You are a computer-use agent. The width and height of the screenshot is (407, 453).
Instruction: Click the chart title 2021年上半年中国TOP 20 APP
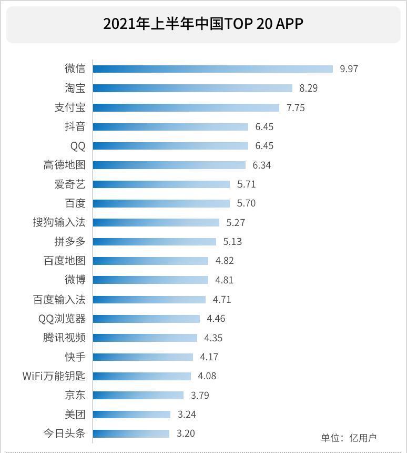(203, 24)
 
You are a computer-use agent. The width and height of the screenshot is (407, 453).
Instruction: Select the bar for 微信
(212, 69)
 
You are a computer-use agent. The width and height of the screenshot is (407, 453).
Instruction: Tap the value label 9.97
(349, 69)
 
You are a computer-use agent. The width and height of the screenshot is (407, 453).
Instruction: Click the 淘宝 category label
(75, 88)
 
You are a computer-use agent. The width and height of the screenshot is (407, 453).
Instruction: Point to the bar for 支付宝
(186, 107)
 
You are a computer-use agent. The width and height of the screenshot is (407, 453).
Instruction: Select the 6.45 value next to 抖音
(264, 127)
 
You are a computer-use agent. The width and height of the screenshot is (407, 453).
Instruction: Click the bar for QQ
(170, 146)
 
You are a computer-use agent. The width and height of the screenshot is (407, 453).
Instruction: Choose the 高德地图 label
(64, 165)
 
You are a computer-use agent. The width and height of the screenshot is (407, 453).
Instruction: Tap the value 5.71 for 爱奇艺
(247, 184)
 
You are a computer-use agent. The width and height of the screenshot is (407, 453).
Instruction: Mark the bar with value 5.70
(161, 203)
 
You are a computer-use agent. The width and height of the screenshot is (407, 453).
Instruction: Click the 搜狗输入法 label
(59, 222)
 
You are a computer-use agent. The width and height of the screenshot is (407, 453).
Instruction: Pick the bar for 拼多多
(154, 242)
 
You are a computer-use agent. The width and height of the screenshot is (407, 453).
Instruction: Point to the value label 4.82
(225, 261)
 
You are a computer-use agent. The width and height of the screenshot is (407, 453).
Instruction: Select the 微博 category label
(75, 280)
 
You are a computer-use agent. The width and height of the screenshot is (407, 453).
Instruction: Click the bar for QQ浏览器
(146, 319)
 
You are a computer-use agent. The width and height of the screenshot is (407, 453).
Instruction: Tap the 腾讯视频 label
(64, 338)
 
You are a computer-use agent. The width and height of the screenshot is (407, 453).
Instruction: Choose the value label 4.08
(207, 376)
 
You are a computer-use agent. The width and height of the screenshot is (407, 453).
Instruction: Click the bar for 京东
(138, 395)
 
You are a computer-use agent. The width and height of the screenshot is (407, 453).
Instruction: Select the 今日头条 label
(64, 434)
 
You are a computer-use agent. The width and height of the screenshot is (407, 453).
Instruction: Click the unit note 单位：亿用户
(349, 438)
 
